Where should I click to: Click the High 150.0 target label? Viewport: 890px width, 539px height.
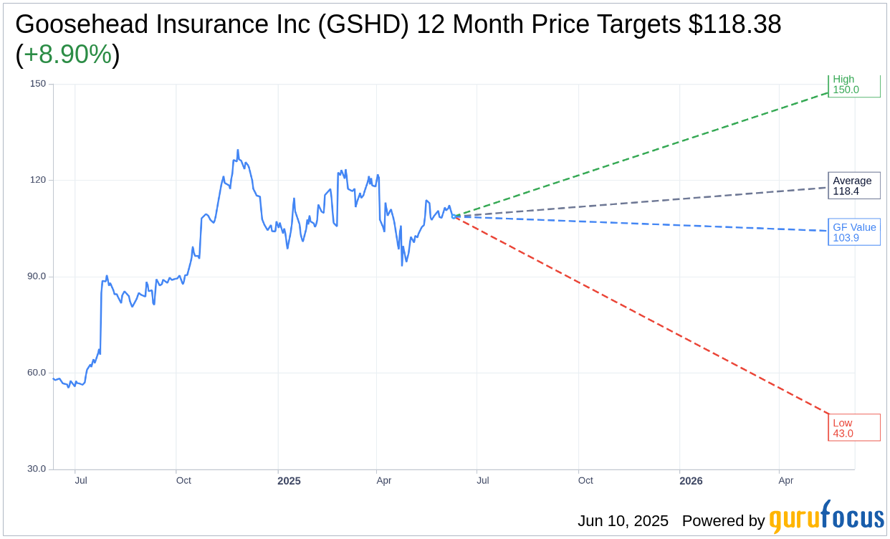[x=853, y=85]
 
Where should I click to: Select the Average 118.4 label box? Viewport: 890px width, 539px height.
[x=853, y=186]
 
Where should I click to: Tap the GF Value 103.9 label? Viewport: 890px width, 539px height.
[x=853, y=232]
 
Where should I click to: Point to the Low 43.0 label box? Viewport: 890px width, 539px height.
[x=853, y=428]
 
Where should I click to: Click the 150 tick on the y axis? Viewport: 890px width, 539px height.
[x=38, y=84]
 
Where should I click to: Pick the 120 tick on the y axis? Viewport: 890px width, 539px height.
[x=38, y=180]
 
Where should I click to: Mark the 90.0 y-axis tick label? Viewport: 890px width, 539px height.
[x=37, y=277]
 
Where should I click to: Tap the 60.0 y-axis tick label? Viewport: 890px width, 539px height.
[x=37, y=373]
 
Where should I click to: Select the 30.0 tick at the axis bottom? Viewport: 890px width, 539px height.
[x=37, y=469]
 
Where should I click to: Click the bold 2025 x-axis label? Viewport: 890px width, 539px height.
[x=289, y=481]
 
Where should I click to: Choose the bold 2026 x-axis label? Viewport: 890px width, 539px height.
[x=691, y=481]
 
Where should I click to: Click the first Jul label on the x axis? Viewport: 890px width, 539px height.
[x=81, y=480]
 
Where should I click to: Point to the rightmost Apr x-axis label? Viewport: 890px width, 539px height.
[x=785, y=480]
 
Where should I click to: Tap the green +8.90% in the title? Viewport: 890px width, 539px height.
[x=67, y=54]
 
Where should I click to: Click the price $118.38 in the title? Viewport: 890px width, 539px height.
[x=735, y=24]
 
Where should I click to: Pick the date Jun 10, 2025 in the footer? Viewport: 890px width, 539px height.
[x=623, y=521]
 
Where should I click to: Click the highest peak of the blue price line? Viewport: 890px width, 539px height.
[x=237, y=151]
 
